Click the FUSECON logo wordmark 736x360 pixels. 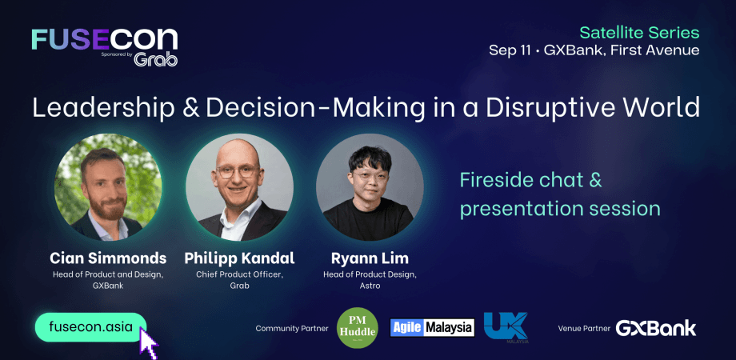tap(104, 39)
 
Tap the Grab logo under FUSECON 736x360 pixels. tap(156, 59)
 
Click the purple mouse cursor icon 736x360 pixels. tap(149, 342)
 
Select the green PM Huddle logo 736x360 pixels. tap(358, 327)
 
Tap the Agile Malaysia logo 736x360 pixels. tap(433, 327)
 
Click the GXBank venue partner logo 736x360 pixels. tap(656, 328)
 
